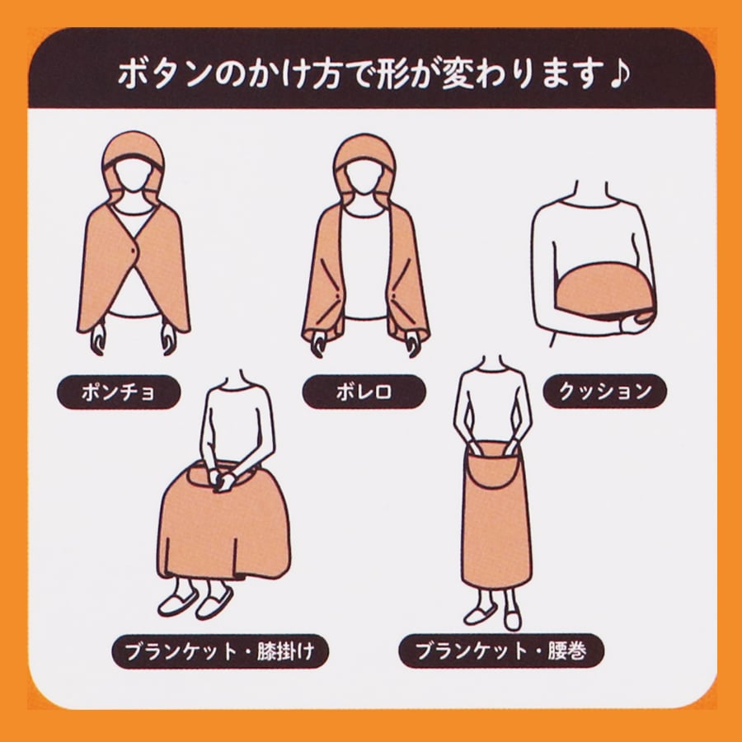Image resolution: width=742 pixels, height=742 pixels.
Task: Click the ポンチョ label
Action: click(119, 392)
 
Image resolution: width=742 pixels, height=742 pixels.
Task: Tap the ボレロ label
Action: click(364, 392)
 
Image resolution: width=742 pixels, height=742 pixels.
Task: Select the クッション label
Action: click(605, 392)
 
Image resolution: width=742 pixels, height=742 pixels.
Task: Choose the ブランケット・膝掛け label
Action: click(220, 651)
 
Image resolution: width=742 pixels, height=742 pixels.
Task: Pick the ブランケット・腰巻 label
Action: click(501, 651)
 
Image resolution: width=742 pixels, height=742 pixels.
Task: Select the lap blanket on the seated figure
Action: click(223, 525)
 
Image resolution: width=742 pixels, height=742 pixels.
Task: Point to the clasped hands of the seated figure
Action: click(223, 479)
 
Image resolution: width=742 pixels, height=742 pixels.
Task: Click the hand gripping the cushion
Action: click(637, 321)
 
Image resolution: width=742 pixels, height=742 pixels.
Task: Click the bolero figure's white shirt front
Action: click(364, 265)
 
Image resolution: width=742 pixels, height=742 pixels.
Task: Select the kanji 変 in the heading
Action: click(458, 75)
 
